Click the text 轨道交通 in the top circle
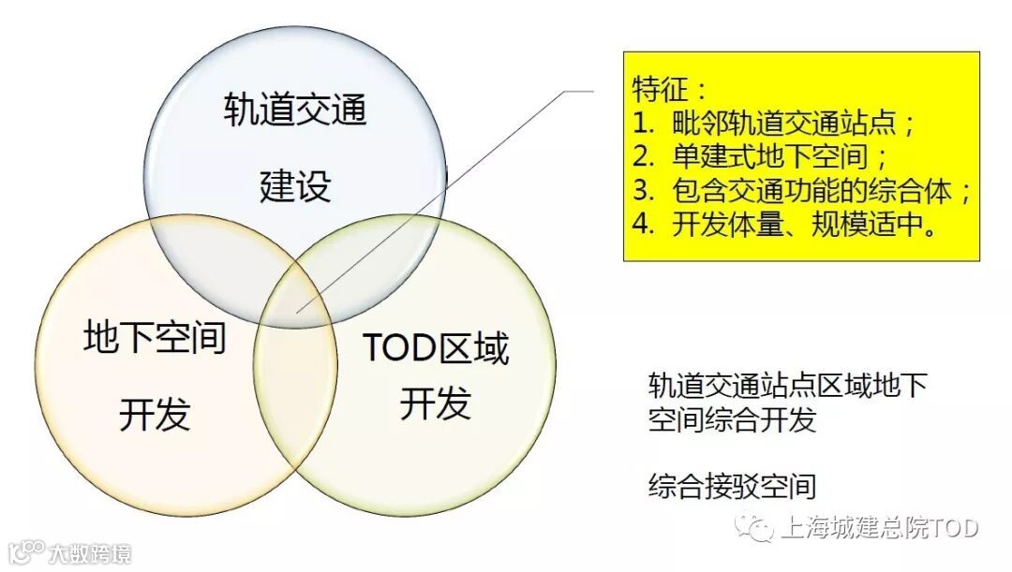click(x=295, y=111)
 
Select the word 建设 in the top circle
click(x=295, y=186)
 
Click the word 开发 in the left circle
click(x=155, y=413)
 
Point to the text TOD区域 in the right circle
click(x=435, y=348)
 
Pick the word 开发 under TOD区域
click(x=435, y=404)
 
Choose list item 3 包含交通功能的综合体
click(x=801, y=190)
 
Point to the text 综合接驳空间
click(x=732, y=486)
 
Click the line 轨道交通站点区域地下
click(x=787, y=385)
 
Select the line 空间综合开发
click(x=732, y=418)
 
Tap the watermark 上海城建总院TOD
click(x=879, y=529)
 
